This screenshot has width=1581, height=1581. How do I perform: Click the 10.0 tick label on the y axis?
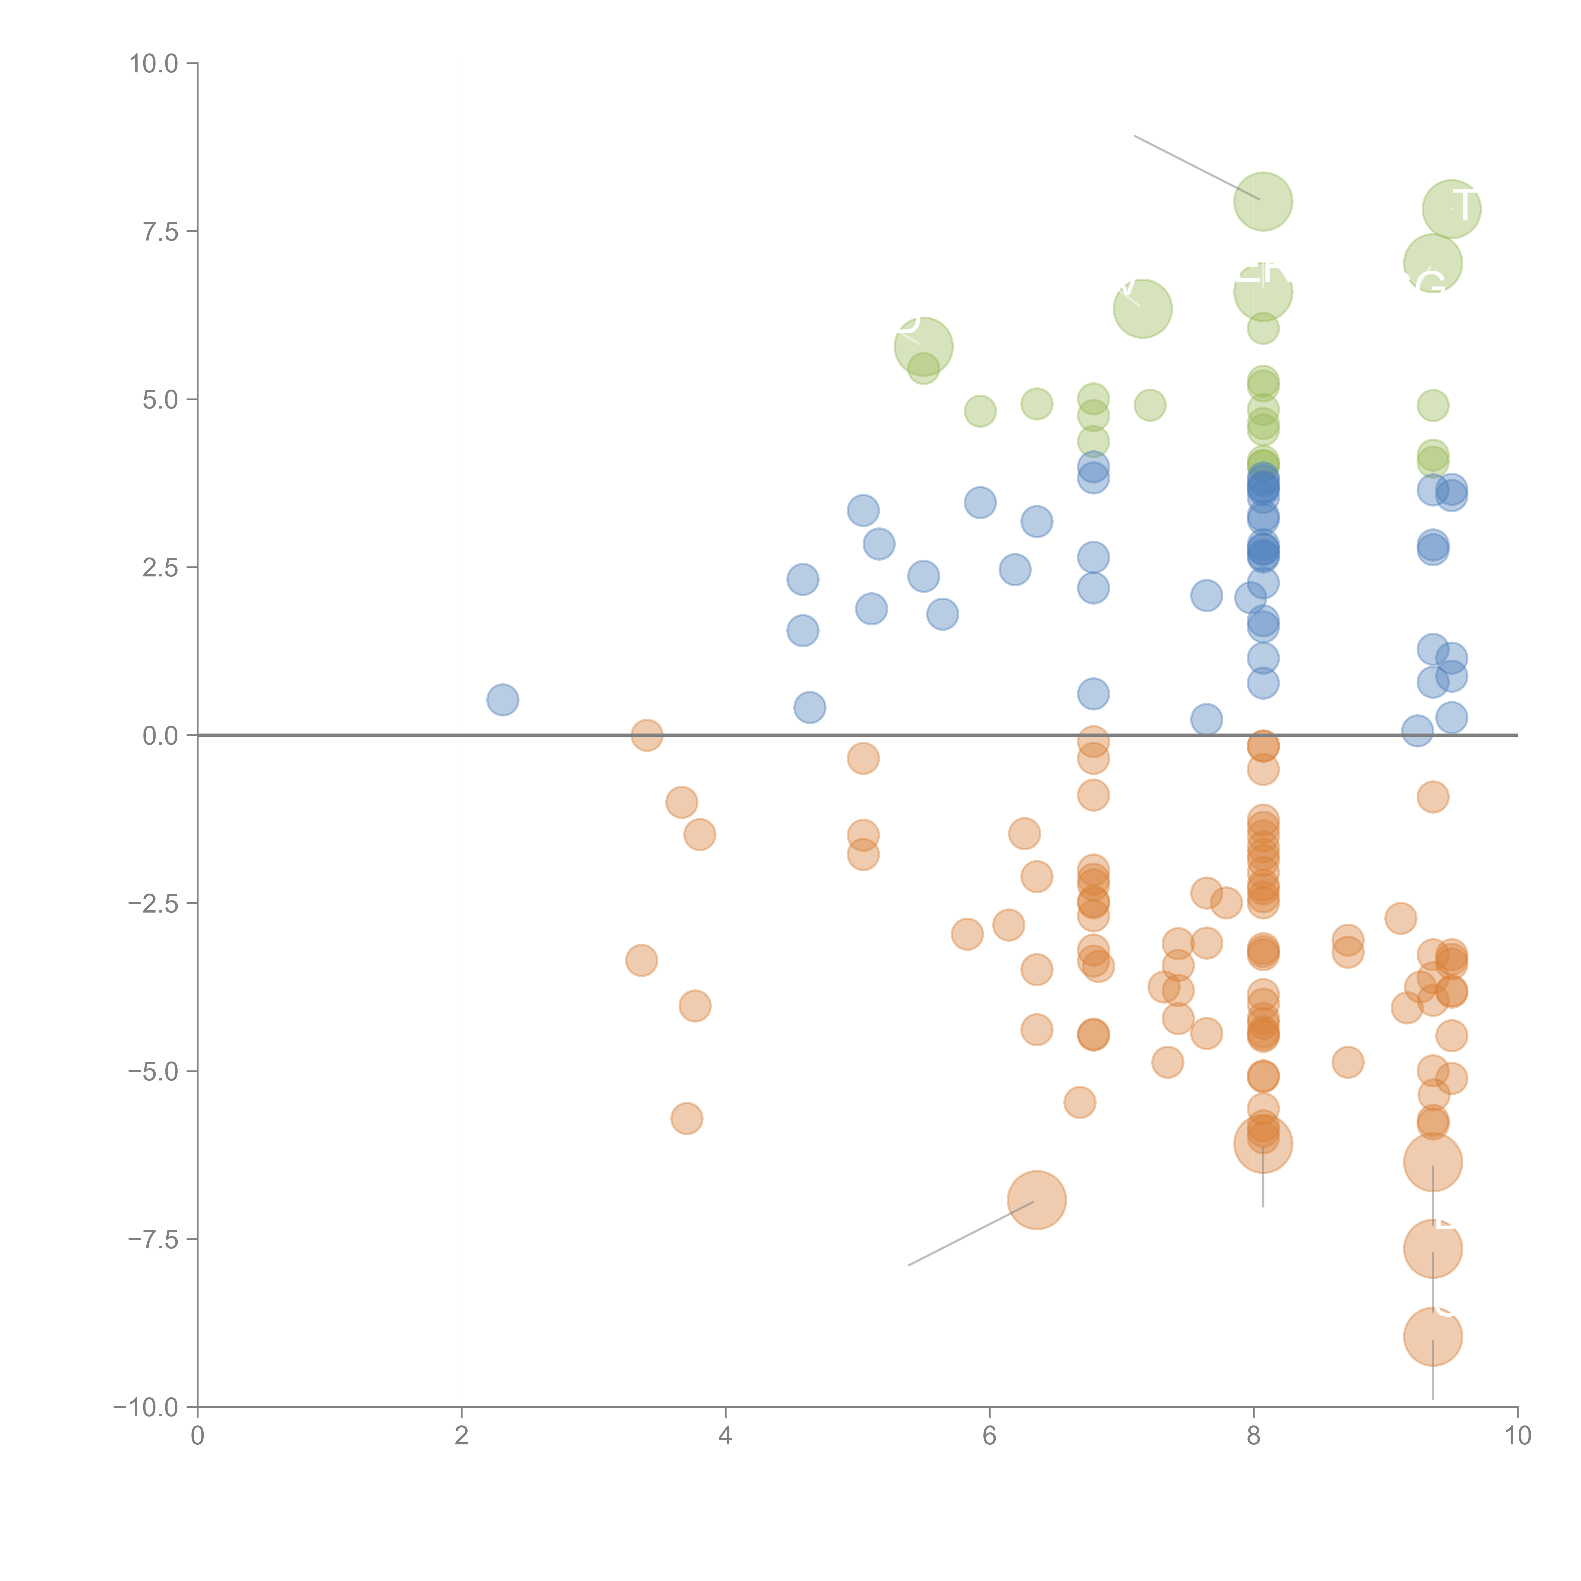154,64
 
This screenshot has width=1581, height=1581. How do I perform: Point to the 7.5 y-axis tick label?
160,231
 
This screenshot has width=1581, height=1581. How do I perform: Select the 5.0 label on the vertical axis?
160,400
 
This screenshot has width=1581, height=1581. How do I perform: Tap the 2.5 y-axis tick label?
160,568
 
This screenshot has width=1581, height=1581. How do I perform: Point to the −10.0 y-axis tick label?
147,1407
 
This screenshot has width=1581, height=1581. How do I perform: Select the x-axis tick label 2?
462,1436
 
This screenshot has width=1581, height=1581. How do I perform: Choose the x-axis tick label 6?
989,1436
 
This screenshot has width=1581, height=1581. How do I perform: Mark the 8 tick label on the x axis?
1254,1436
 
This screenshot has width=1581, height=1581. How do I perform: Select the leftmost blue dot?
502,700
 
